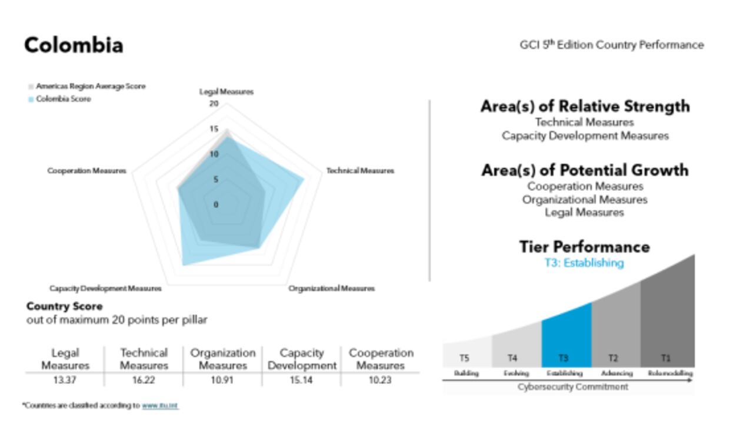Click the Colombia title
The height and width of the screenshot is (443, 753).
pos(74,45)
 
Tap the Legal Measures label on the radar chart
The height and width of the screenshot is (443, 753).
pos(226,92)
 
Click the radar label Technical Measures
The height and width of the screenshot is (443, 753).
pos(360,171)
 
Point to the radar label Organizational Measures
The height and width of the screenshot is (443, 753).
pos(331,289)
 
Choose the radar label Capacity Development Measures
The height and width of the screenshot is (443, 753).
pos(105,289)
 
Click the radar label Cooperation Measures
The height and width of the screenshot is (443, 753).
pos(86,171)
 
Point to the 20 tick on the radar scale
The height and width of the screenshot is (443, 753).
pos(214,104)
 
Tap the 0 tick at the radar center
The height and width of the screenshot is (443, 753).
pos(216,205)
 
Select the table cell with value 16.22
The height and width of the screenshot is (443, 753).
pos(144,381)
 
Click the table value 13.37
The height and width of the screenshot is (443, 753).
pos(65,381)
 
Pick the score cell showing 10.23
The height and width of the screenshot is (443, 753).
pos(381,381)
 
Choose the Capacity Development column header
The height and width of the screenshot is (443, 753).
pos(302,359)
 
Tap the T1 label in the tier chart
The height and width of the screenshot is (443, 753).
pos(665,358)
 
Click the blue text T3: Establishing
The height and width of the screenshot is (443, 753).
pos(584,263)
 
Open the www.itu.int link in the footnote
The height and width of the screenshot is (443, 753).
pos(159,406)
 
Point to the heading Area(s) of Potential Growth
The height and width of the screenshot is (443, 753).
pos(585,170)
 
